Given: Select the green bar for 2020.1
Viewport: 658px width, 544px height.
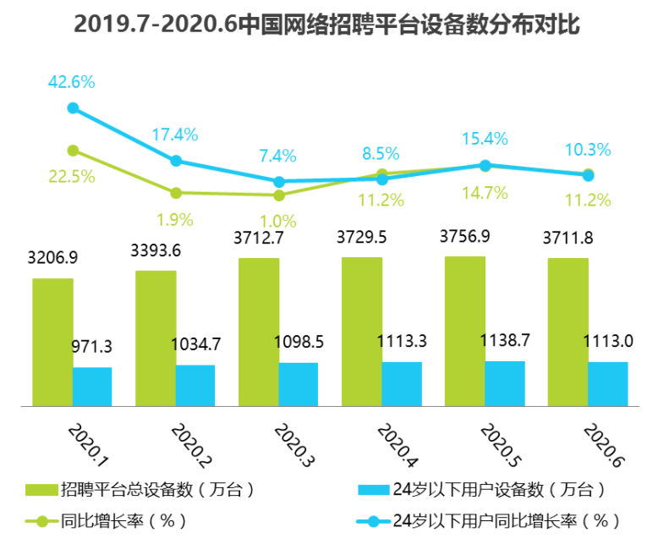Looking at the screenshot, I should pos(52,342).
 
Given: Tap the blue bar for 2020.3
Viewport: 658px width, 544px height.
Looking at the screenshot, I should pos(299,384).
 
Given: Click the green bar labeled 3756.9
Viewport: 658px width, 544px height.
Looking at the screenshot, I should pos(465,331).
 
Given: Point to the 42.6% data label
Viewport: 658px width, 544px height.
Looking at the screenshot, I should pos(71,82).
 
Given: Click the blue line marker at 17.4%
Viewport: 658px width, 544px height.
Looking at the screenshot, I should pos(176,161).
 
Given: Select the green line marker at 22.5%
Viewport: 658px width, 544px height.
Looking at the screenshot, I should pos(73,151).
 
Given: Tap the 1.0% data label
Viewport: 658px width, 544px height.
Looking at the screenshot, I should pos(278,222).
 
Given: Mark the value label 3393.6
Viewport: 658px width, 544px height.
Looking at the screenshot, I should pos(156,250).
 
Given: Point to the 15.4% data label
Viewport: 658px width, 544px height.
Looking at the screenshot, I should pos(485,138).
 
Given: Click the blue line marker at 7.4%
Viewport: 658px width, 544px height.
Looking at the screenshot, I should pos(279,181).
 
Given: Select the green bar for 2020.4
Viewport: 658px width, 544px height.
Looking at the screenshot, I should pos(362,332).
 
